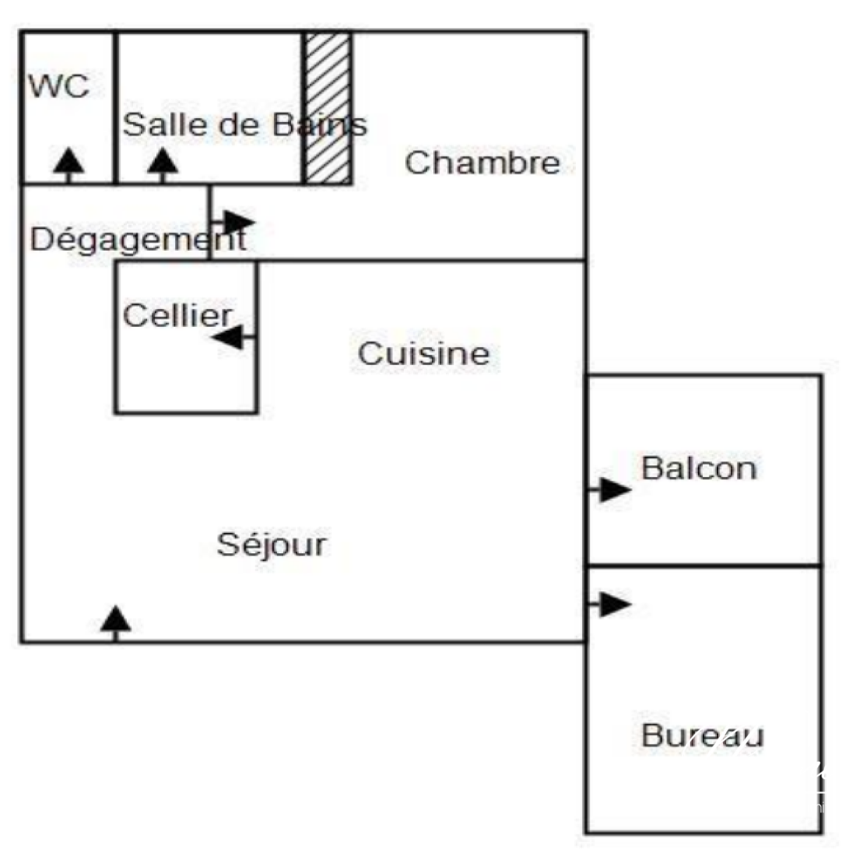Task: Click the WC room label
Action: coord(59,86)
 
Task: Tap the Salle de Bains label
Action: coord(244,125)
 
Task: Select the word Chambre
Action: coord(482,163)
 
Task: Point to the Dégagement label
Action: coord(138,239)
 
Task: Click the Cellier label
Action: coord(178,315)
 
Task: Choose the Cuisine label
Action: coord(423,353)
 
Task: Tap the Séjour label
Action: coord(272,544)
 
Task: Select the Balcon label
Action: coord(699,468)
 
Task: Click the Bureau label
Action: coord(702,735)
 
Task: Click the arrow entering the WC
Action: coord(68,166)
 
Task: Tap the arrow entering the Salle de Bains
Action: coord(163,166)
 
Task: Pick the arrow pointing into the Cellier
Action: coord(233,338)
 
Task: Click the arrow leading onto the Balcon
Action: coord(609,489)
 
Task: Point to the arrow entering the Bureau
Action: coord(609,605)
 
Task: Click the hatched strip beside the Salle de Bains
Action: coord(328,108)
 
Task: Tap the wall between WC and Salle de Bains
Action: coord(116,108)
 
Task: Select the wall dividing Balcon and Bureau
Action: coord(703,566)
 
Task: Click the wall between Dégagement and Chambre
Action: coord(209,223)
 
